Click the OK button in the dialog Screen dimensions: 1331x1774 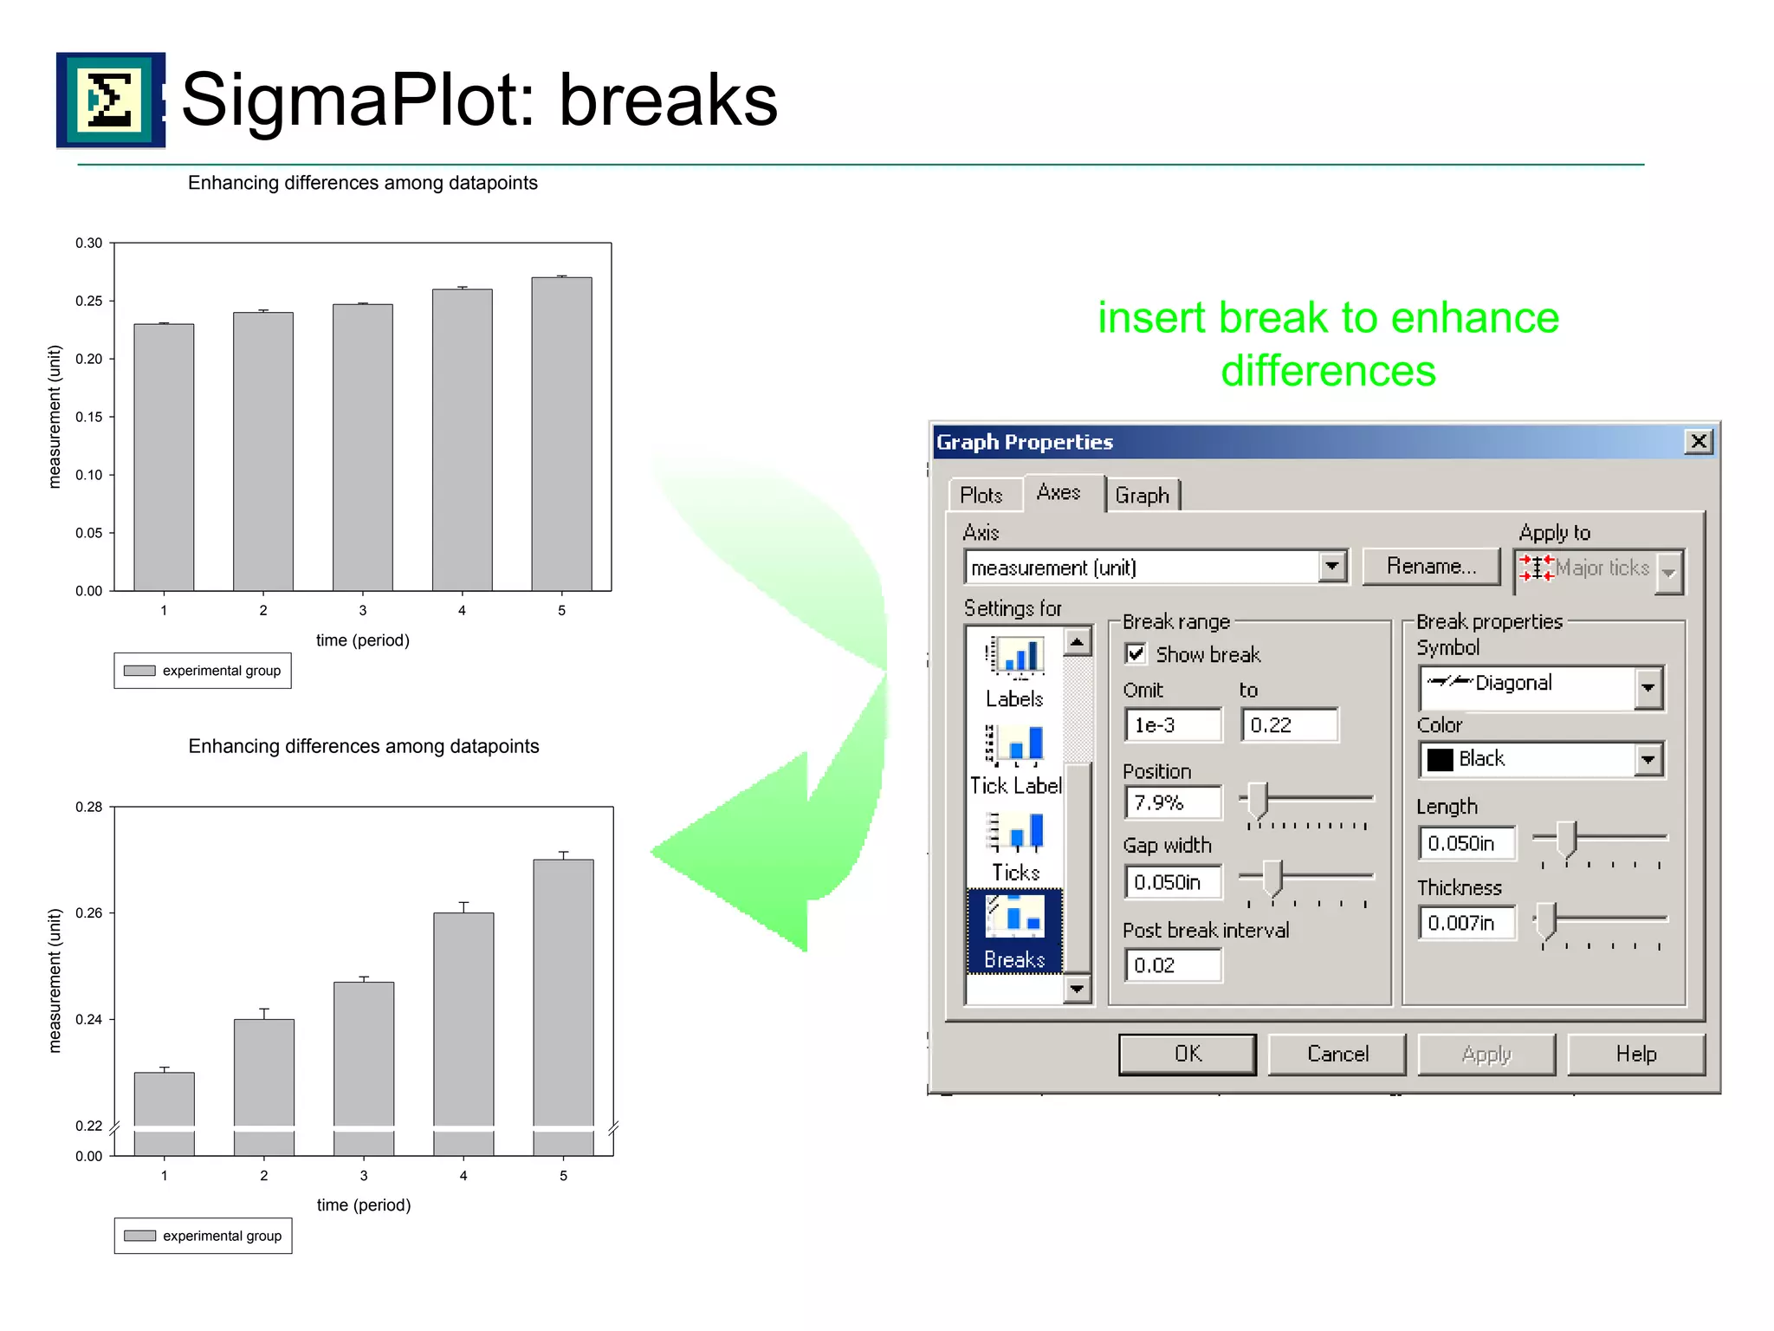point(1187,1054)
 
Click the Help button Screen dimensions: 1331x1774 point(1635,1054)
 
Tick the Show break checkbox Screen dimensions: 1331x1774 point(1136,653)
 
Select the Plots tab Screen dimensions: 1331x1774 point(981,495)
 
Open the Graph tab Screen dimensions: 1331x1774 point(1142,495)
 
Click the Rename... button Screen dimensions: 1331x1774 point(1431,567)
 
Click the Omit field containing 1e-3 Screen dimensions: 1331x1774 point(1172,725)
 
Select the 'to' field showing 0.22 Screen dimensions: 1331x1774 point(1288,725)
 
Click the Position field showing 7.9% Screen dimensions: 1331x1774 point(1172,802)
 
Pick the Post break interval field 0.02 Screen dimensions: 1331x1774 point(1172,964)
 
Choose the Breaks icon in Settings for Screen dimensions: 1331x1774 point(1014,931)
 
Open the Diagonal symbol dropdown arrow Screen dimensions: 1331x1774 point(1648,688)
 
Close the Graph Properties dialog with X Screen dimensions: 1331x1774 point(1699,442)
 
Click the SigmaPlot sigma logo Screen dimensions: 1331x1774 point(110,101)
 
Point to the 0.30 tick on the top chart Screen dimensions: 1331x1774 point(88,243)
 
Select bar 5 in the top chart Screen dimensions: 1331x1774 point(561,433)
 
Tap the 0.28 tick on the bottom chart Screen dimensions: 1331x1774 point(88,808)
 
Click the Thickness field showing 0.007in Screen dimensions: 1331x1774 point(1466,923)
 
